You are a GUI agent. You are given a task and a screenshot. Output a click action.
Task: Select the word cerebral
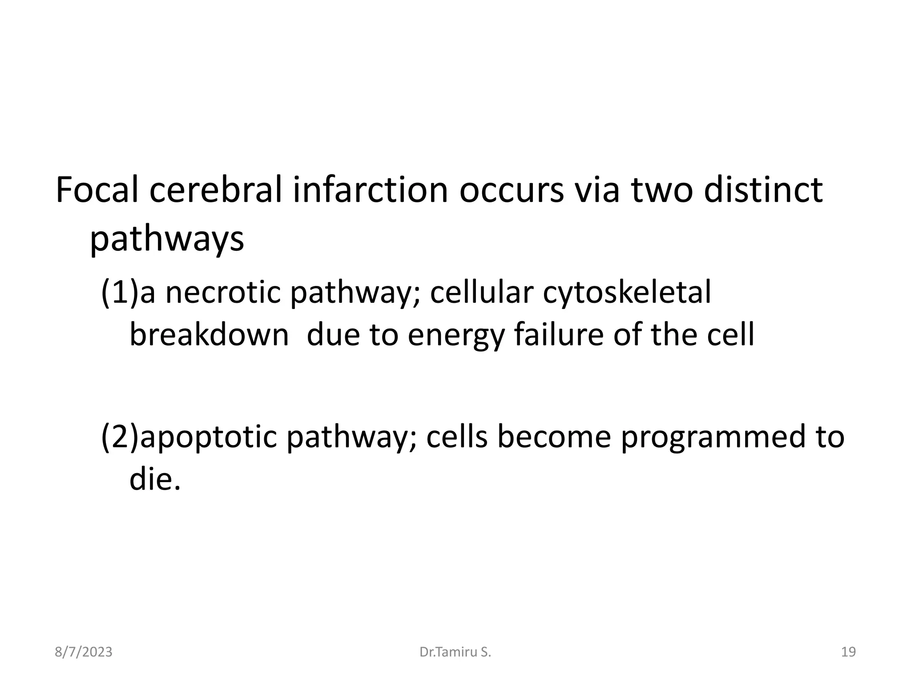[x=216, y=190]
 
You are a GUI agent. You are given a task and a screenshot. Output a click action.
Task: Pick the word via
[x=597, y=190]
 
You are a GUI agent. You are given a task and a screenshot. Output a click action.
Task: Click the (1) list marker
[x=120, y=293]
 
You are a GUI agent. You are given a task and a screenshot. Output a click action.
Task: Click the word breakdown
[x=209, y=334]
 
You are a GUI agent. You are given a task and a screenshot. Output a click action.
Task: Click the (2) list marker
[x=120, y=437]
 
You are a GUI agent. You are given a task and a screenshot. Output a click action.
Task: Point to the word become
[x=554, y=437]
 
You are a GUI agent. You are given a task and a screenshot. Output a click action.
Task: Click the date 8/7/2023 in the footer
[x=84, y=652]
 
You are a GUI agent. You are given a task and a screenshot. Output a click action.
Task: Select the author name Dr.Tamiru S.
[x=455, y=652]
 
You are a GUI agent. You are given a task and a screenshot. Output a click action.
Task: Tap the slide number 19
[x=849, y=652]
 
